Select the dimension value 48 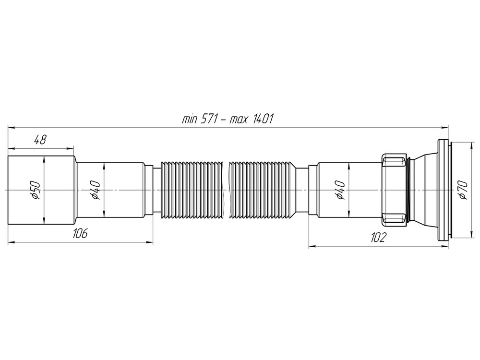tap(40, 140)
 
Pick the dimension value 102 tap(379, 238)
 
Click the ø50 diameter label tap(35, 191)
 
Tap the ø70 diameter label tap(463, 191)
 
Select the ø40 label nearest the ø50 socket tap(95, 191)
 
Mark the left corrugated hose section tap(192, 190)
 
